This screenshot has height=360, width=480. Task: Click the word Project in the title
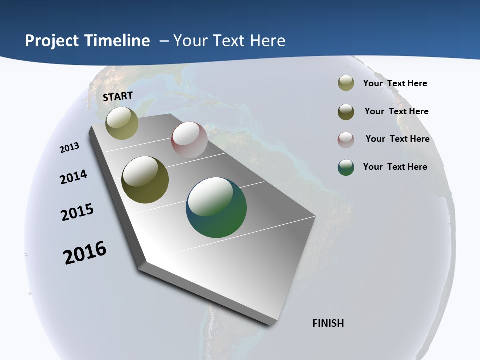[52, 41]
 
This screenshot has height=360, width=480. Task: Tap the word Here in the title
[267, 41]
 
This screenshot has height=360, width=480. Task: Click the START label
[118, 96]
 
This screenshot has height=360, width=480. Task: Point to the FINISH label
[328, 323]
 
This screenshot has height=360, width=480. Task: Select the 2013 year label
[70, 148]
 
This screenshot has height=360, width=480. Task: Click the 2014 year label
[74, 177]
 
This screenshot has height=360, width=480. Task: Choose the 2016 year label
[85, 253]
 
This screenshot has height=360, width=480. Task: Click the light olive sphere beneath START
[122, 123]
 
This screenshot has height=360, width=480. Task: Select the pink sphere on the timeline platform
[189, 140]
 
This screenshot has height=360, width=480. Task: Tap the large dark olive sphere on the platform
[145, 180]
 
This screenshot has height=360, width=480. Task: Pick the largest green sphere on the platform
[216, 207]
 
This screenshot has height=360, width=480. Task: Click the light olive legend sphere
[346, 83]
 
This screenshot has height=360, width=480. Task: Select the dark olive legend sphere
[346, 112]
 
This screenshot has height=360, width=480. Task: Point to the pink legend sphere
[346, 140]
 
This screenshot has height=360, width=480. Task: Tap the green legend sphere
[346, 167]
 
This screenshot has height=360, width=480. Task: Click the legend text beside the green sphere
[395, 167]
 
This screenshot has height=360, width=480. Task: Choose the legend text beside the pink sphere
[397, 139]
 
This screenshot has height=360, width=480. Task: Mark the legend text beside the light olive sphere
[395, 83]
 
